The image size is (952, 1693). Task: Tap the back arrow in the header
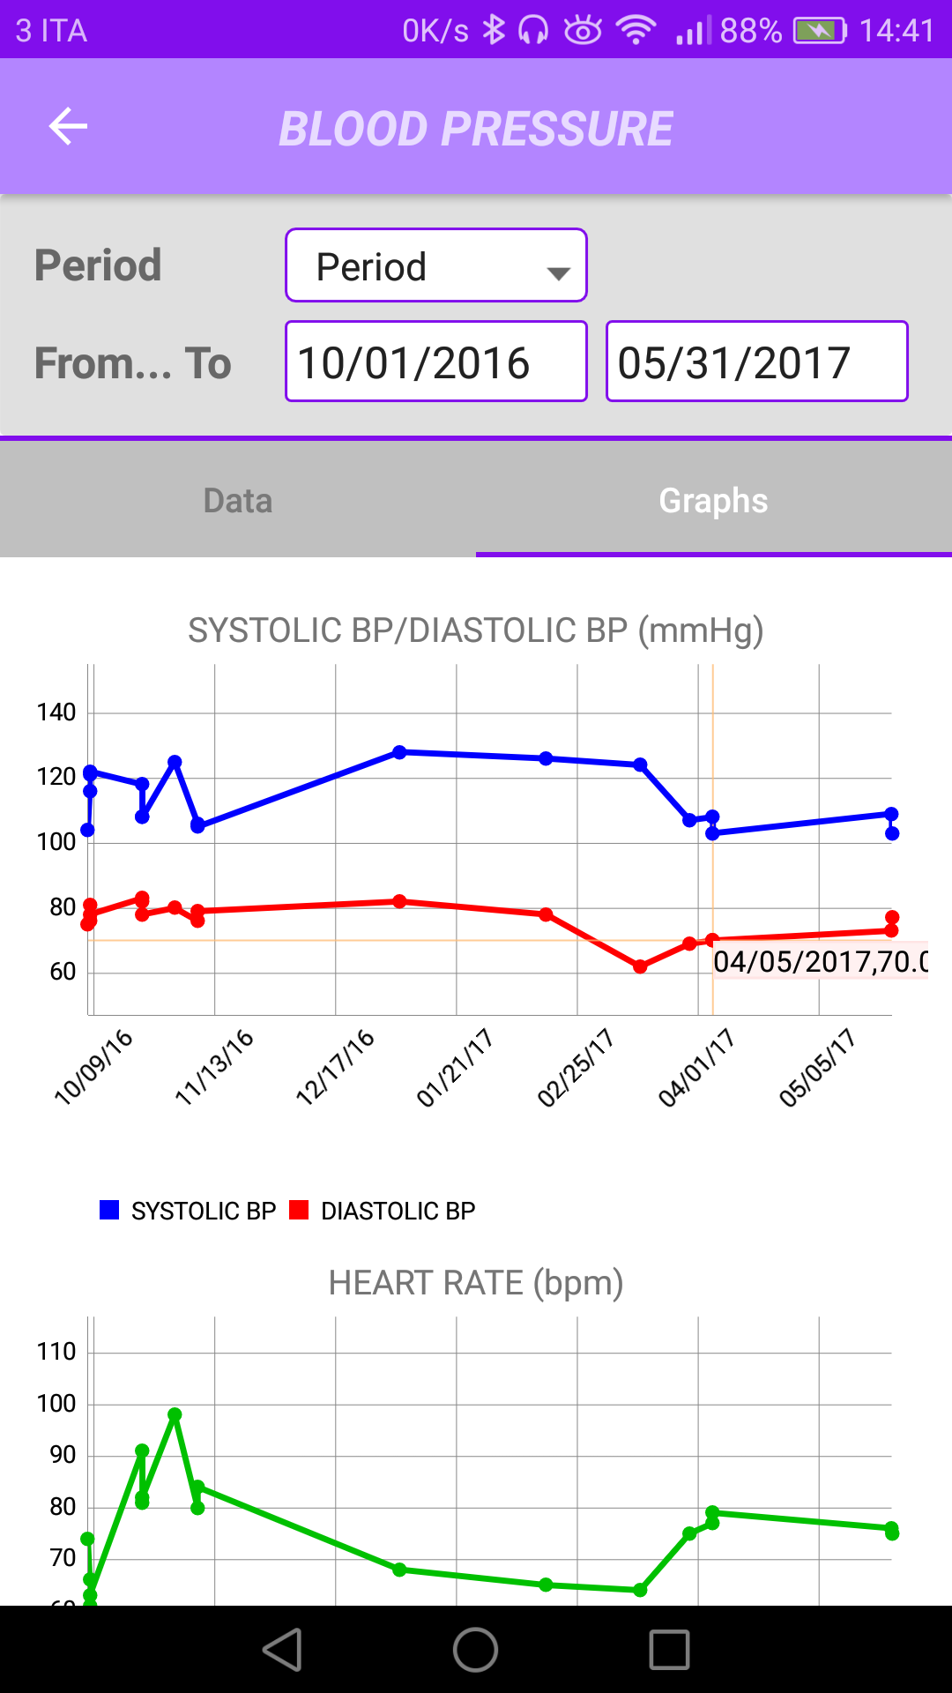[68, 126]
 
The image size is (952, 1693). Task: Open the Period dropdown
[435, 265]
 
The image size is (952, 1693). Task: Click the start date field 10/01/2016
[435, 362]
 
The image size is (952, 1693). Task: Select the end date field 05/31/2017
[756, 362]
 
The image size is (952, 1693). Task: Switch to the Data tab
[238, 500]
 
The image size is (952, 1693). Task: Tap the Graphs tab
[713, 500]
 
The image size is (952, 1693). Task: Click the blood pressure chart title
[476, 630]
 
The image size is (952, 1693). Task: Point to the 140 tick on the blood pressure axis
[56, 712]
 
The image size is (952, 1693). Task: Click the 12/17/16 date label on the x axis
[335, 1067]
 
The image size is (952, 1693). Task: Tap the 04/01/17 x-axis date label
[696, 1067]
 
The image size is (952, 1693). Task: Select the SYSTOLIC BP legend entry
[189, 1211]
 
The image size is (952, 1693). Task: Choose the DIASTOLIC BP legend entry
[383, 1211]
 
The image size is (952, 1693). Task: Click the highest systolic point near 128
[399, 752]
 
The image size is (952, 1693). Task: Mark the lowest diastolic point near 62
[640, 966]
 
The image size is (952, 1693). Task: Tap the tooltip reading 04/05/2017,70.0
[820, 961]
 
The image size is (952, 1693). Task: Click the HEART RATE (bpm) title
[476, 1283]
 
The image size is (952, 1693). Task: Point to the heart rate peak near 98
[175, 1414]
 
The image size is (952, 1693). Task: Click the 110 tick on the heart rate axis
[56, 1352]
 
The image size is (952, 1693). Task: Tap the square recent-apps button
[669, 1650]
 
